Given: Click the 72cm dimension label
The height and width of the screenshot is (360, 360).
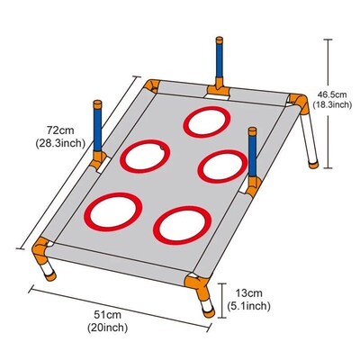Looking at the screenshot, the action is click(x=60, y=130).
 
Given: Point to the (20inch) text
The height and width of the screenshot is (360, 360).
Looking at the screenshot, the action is click(x=107, y=328).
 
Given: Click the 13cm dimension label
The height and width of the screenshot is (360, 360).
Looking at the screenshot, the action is click(x=248, y=292).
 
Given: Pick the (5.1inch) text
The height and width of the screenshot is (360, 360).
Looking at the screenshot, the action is click(x=248, y=306).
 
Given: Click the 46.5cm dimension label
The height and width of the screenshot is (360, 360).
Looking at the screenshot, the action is click(x=332, y=94).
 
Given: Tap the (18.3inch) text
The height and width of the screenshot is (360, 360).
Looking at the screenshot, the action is click(x=332, y=104).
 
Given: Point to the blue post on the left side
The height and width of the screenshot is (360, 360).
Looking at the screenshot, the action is click(x=97, y=130).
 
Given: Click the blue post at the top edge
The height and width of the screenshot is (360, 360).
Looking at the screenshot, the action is click(x=220, y=61).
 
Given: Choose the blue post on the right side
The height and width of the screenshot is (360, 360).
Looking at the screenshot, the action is click(x=252, y=156).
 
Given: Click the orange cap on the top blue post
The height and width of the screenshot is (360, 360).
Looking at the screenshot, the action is click(x=220, y=40).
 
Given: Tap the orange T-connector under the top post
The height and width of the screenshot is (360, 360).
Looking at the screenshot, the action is click(x=219, y=89).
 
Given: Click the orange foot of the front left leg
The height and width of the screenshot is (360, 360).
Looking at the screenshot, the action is click(x=51, y=276).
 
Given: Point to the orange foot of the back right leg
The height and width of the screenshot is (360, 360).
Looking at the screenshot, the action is click(x=314, y=165).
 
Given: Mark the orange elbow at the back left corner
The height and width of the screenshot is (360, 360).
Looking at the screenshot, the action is click(x=152, y=85).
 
